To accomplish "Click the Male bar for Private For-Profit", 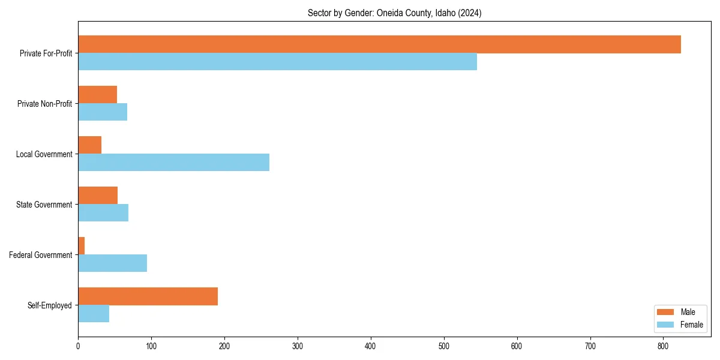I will coord(379,44).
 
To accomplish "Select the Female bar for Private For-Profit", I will coord(277,62).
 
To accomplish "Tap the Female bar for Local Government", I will coord(173,163).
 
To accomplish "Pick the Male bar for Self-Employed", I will coord(148,296).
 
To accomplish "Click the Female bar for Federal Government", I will coord(112,263).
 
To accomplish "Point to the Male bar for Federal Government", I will coord(82,246).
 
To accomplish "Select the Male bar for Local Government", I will coord(89,145).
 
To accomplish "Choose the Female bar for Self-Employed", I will coord(94,314).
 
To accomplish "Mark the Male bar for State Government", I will coord(98,196).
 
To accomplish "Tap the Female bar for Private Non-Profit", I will coord(103,112).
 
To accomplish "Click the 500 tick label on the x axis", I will coord(444,346).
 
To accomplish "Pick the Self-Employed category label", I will coord(50,305).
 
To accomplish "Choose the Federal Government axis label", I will coord(41,255).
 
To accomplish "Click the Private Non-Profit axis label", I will coord(44,104).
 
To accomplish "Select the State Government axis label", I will coord(44,205).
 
